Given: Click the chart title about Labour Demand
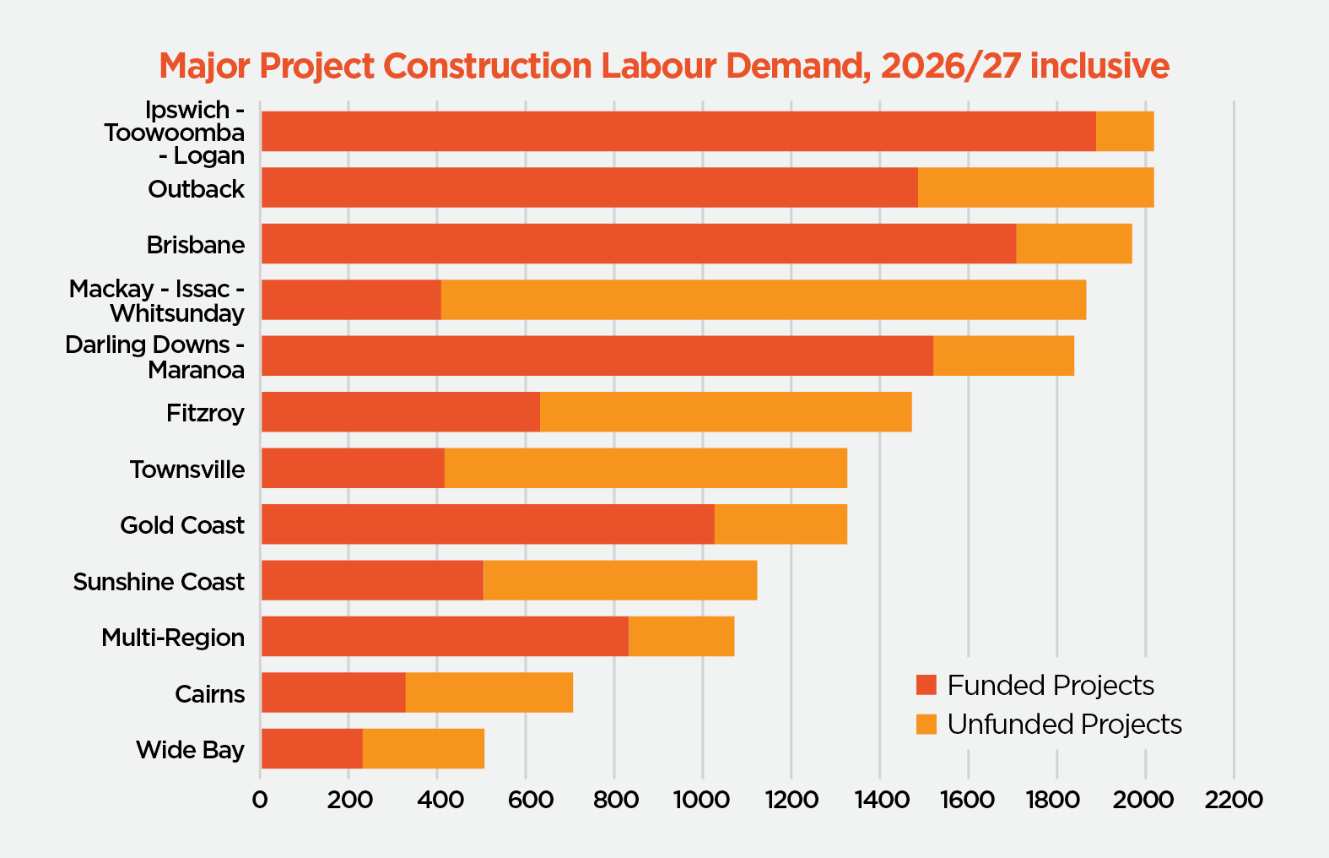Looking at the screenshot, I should coord(664,66).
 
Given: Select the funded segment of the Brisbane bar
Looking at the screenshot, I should coord(639,244).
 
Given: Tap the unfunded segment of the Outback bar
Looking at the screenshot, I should coord(1035,187).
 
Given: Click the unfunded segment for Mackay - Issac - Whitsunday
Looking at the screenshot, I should coord(763,300).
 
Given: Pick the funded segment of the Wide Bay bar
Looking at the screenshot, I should coord(312,749).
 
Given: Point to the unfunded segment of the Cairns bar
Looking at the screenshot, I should coord(489,692).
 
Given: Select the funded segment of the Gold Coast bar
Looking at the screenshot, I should coord(488,524).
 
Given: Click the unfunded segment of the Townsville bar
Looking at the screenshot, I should coord(646,468).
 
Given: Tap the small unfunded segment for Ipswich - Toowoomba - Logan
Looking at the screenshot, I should coord(1125,132).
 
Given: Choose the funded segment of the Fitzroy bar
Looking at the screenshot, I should coord(401,412).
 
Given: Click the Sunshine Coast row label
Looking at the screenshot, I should coord(159,582).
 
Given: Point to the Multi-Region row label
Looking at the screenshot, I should coord(173,638).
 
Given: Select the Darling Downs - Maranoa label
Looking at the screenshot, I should coord(155,357).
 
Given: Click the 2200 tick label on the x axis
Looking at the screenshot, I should coord(1234,800).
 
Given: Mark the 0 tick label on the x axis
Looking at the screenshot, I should coord(260,800).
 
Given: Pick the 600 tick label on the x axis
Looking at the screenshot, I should coord(526,800).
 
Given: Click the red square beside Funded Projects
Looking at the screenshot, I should coord(927,686).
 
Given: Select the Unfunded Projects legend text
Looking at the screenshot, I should coord(1064,725).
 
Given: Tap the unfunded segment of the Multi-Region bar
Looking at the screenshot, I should coord(681,637).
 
